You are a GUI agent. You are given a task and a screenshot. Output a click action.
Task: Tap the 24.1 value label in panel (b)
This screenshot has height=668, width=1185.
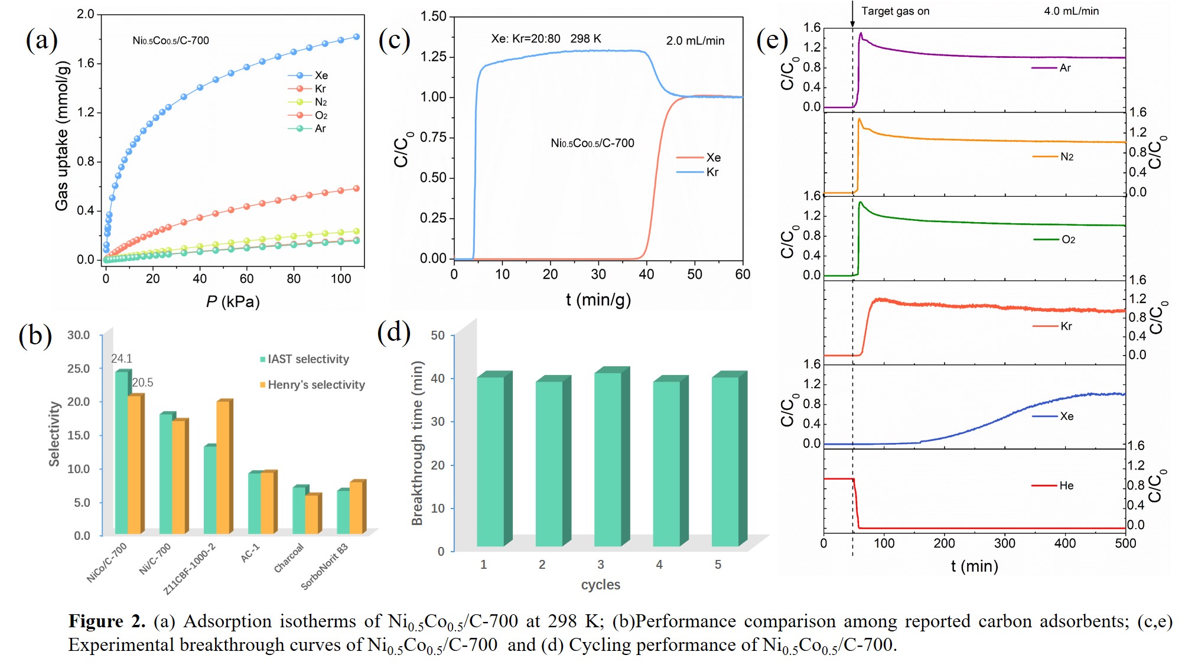coord(121,359)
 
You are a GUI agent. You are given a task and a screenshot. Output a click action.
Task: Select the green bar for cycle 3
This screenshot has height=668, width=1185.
coord(608,459)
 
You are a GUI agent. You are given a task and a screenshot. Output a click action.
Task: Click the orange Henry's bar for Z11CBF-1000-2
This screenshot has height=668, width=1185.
coord(223,467)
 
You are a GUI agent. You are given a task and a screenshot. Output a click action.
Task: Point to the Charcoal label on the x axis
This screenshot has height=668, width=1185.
coord(288,558)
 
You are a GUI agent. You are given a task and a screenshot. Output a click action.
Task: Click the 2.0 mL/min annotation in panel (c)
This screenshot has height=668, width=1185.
coord(695,41)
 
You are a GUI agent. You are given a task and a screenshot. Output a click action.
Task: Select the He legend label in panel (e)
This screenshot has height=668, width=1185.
coord(1066,485)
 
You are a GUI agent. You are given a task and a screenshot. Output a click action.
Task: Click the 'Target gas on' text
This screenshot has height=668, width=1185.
coord(895,11)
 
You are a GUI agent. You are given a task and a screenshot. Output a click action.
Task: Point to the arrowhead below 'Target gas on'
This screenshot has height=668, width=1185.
coord(852,24)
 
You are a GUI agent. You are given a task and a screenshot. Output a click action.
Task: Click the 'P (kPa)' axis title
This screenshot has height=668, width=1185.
coord(233,302)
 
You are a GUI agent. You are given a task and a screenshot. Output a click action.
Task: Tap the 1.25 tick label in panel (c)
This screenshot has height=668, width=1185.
coord(433,57)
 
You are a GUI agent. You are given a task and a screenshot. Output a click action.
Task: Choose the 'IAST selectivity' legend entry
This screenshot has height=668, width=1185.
coord(305,359)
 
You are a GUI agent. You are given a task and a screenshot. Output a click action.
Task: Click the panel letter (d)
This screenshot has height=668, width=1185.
coord(393,332)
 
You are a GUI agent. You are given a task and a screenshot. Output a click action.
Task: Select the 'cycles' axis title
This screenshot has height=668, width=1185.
coord(600,585)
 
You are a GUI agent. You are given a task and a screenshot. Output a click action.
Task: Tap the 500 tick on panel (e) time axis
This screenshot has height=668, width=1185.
coord(1125,543)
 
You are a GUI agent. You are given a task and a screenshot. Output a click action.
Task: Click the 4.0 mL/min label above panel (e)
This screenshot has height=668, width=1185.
coord(1071,11)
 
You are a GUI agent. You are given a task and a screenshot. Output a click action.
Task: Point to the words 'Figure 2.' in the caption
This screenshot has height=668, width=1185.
coord(107,621)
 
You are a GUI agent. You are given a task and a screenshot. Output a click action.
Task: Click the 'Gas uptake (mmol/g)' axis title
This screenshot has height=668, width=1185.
coord(62,136)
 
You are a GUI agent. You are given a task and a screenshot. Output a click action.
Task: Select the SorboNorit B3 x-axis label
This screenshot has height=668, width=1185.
coord(324,566)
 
